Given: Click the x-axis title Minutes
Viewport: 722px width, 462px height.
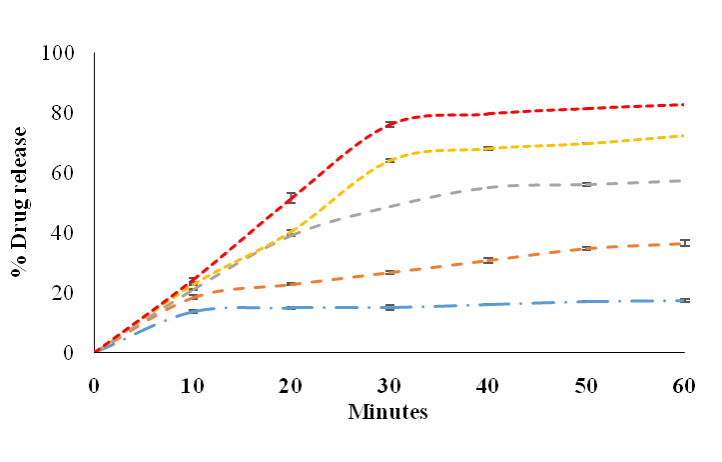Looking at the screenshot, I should coord(388,412).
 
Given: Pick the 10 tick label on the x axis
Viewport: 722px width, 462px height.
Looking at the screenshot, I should coord(193,386).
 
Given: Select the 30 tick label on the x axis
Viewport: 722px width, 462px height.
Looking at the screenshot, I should coord(389,386).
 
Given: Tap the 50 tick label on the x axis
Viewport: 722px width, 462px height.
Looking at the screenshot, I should coord(586,386).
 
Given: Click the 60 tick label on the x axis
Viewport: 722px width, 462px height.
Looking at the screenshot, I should coord(685,386).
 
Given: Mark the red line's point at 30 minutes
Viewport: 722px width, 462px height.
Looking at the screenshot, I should coord(389,124).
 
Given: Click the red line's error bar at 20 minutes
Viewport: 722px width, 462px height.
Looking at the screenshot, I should coord(291,197).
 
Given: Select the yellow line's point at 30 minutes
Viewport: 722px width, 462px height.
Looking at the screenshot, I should coord(389,160).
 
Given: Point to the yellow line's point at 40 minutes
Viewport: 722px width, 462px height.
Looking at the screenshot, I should coord(488,148).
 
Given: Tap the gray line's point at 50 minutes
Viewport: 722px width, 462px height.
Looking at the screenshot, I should coord(586,184).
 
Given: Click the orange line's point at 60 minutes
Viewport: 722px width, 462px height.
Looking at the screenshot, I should coord(685,243).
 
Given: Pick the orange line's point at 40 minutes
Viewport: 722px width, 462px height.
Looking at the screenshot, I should coord(488,260).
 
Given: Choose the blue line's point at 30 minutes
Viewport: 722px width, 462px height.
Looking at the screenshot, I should coord(389,307).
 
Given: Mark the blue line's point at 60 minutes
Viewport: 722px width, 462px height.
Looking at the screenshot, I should coord(685,300).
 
